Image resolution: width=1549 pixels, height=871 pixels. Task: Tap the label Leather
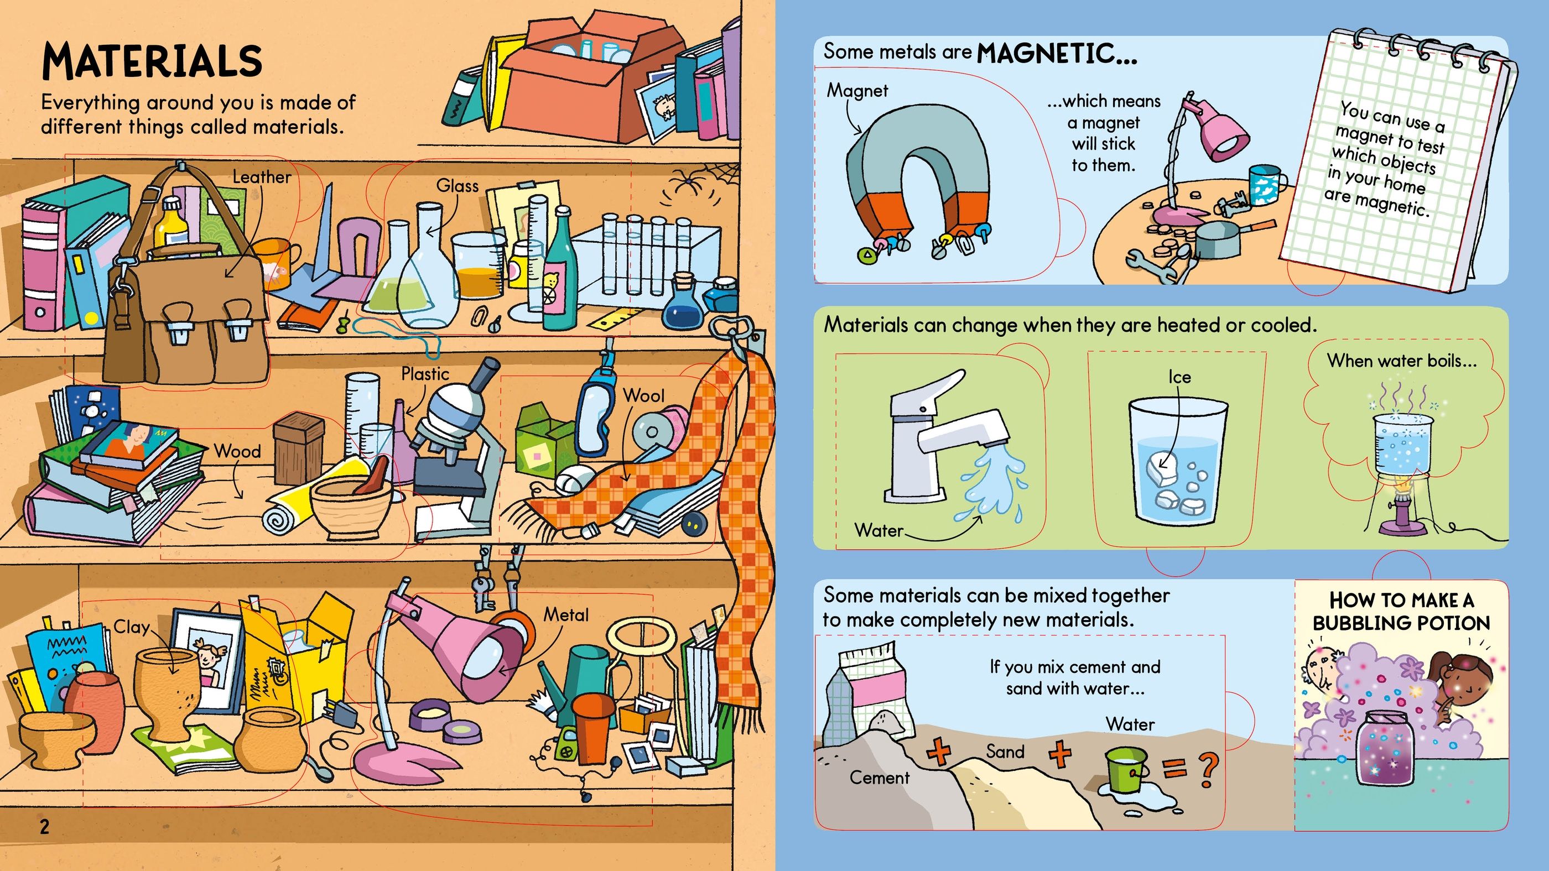click(x=262, y=177)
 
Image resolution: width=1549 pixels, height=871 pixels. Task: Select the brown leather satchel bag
click(x=186, y=312)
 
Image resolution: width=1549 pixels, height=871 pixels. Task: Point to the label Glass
click(x=458, y=186)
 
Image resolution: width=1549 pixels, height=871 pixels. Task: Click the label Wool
click(x=643, y=395)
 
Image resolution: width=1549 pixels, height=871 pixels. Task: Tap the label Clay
click(x=131, y=628)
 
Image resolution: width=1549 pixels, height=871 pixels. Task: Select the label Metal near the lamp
click(x=566, y=614)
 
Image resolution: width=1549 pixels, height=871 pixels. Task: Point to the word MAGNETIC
click(x=1057, y=54)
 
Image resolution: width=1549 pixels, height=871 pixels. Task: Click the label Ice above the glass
click(x=1179, y=377)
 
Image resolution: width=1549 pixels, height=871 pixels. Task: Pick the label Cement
click(x=879, y=778)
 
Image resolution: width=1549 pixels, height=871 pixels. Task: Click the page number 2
click(x=44, y=827)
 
